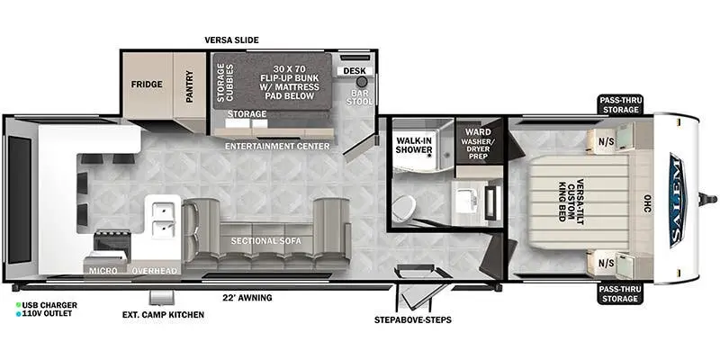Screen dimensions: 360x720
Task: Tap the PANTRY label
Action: [x=191, y=87]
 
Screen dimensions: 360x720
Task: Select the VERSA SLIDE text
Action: [x=231, y=40]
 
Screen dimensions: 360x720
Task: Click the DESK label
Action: [x=352, y=70]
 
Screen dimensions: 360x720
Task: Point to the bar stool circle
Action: [x=362, y=82]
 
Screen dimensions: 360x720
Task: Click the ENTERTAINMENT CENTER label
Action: [x=276, y=146]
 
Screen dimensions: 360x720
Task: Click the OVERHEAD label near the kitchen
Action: [x=154, y=270]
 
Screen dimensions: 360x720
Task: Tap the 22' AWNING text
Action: [x=247, y=298]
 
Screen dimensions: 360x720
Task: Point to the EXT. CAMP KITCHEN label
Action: [x=163, y=315]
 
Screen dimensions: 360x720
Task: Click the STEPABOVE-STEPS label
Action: [x=413, y=319]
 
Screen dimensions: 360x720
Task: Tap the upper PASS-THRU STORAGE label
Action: [x=622, y=103]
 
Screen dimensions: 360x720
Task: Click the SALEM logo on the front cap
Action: [x=677, y=193]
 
